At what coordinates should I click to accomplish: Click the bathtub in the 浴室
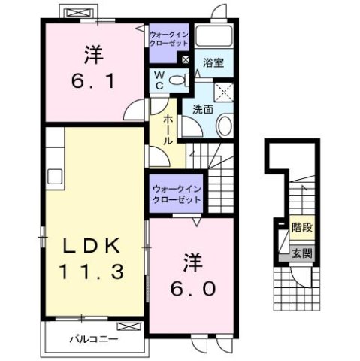tap(215, 38)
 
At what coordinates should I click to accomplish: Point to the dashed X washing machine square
tap(222, 92)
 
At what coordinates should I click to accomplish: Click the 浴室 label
tap(214, 64)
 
